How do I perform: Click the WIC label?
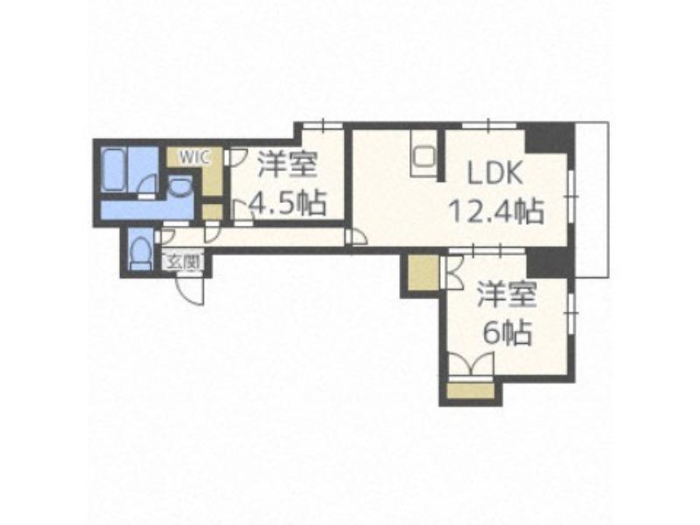[194, 157]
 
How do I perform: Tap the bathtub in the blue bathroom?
[115, 170]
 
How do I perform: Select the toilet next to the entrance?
[140, 252]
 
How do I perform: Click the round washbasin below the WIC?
[180, 186]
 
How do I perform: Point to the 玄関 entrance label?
[183, 262]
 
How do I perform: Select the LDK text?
[494, 172]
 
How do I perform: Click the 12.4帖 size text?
[496, 211]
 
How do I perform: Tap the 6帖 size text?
[508, 333]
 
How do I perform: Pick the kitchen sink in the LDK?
[423, 157]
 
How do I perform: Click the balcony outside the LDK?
[592, 199]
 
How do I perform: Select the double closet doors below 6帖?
[471, 363]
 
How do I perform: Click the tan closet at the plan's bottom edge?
[471, 390]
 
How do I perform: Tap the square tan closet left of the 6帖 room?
[423, 273]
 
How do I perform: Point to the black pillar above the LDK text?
[549, 137]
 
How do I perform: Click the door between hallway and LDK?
[356, 236]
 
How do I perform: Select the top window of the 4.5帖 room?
[323, 125]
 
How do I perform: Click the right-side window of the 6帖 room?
[571, 312]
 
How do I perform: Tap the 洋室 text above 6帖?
[507, 295]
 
